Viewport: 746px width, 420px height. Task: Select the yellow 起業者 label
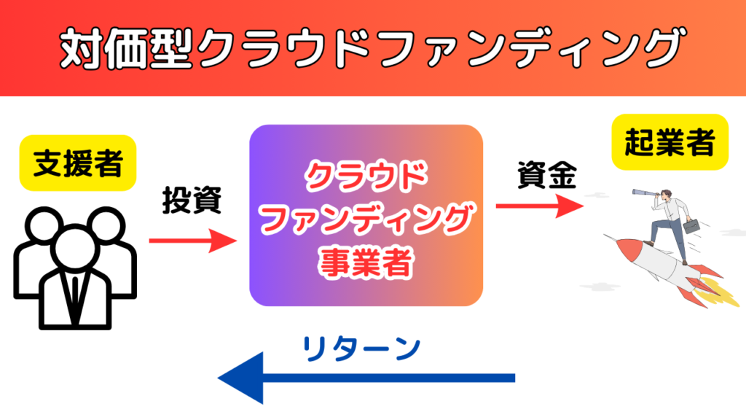click(669, 142)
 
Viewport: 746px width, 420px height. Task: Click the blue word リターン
click(361, 347)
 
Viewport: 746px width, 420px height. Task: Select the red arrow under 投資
click(194, 240)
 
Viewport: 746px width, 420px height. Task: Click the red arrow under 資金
click(540, 206)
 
